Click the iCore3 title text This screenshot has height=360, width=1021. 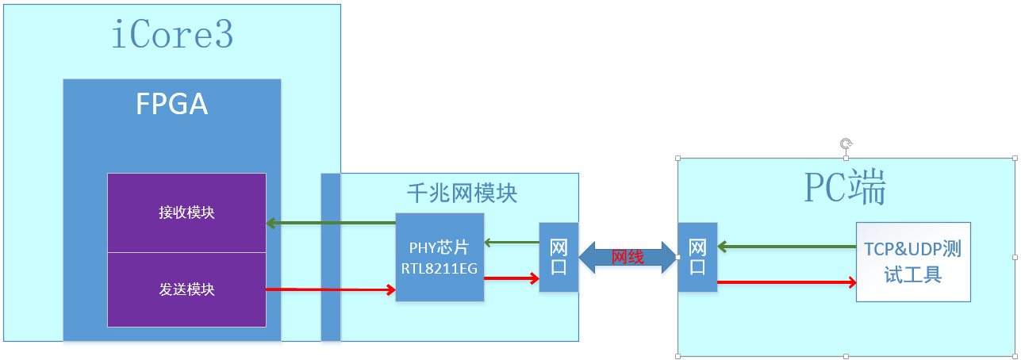[x=172, y=36]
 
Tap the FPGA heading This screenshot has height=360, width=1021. [x=171, y=104]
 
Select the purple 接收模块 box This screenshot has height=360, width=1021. [x=186, y=213]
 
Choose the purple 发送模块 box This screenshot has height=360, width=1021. [x=186, y=289]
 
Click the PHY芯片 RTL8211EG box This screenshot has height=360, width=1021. [x=439, y=257]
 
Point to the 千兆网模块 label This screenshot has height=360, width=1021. [x=462, y=193]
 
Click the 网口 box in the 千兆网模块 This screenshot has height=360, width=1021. [x=558, y=257]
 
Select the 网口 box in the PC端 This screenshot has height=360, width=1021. [x=697, y=257]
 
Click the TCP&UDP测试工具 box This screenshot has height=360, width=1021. [x=912, y=262]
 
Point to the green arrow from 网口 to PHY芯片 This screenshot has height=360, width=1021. [x=511, y=241]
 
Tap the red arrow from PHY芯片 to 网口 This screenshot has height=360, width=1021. [x=511, y=278]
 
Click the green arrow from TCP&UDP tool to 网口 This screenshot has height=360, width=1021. [x=785, y=247]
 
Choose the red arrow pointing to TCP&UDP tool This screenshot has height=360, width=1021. [x=785, y=282]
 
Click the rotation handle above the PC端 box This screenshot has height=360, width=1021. [x=846, y=144]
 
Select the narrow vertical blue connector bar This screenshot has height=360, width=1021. [x=330, y=257]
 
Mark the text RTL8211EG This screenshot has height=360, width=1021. [x=439, y=269]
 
